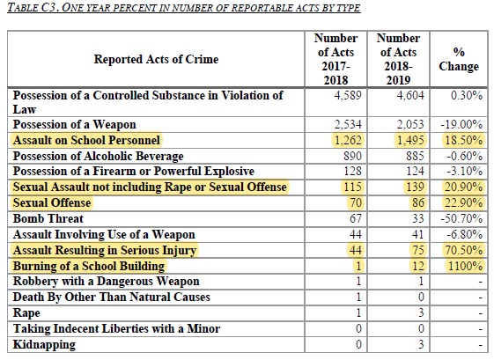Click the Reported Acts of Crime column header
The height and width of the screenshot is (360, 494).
click(x=156, y=59)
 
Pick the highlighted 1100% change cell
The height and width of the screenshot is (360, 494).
click(x=464, y=266)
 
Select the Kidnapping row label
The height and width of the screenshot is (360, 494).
click(x=44, y=345)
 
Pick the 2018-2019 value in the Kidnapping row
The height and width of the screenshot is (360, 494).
click(x=411, y=345)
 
